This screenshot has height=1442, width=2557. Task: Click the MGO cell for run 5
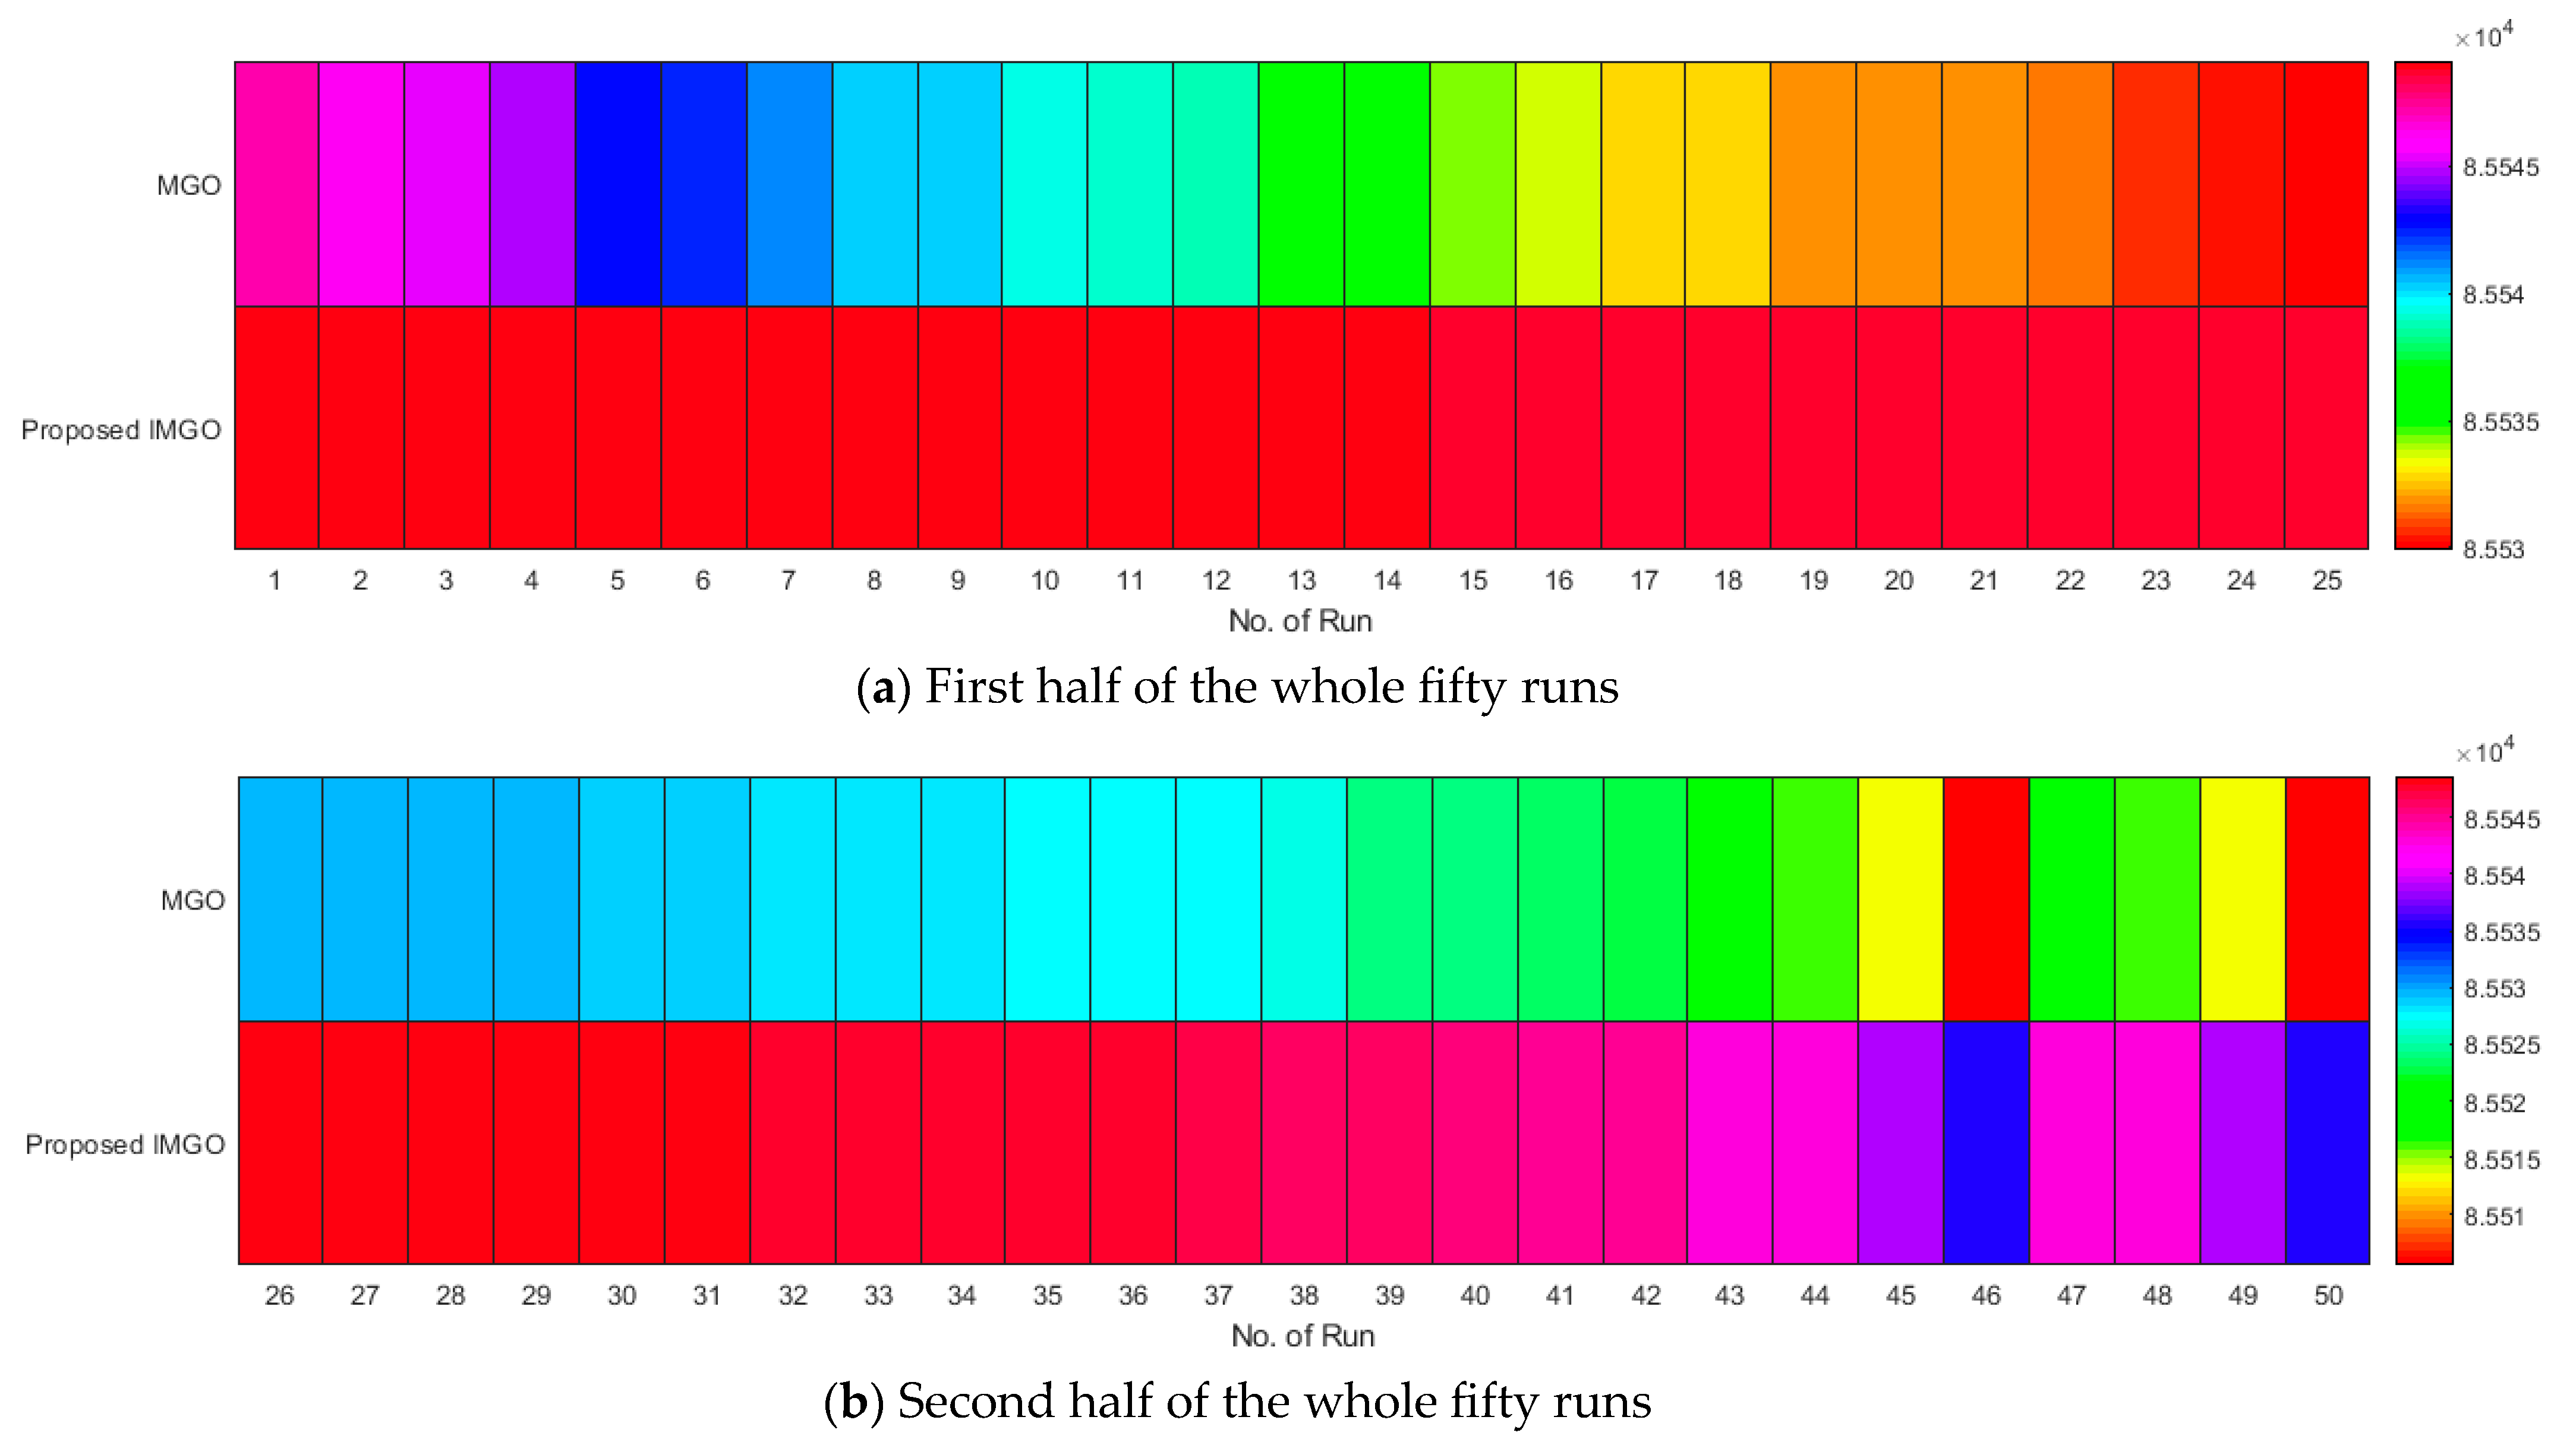617,184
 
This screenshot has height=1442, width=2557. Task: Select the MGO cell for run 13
1301,184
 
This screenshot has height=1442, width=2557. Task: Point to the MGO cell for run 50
2328,899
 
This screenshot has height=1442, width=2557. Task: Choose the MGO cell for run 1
276,184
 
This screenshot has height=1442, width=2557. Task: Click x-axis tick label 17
1644,580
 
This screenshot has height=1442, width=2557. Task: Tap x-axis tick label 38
1303,1295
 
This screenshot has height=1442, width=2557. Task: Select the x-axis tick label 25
2326,580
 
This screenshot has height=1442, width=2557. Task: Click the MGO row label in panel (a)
188,185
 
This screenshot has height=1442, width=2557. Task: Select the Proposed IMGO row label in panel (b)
125,1144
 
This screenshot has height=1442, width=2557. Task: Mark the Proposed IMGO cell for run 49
2242,1143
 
